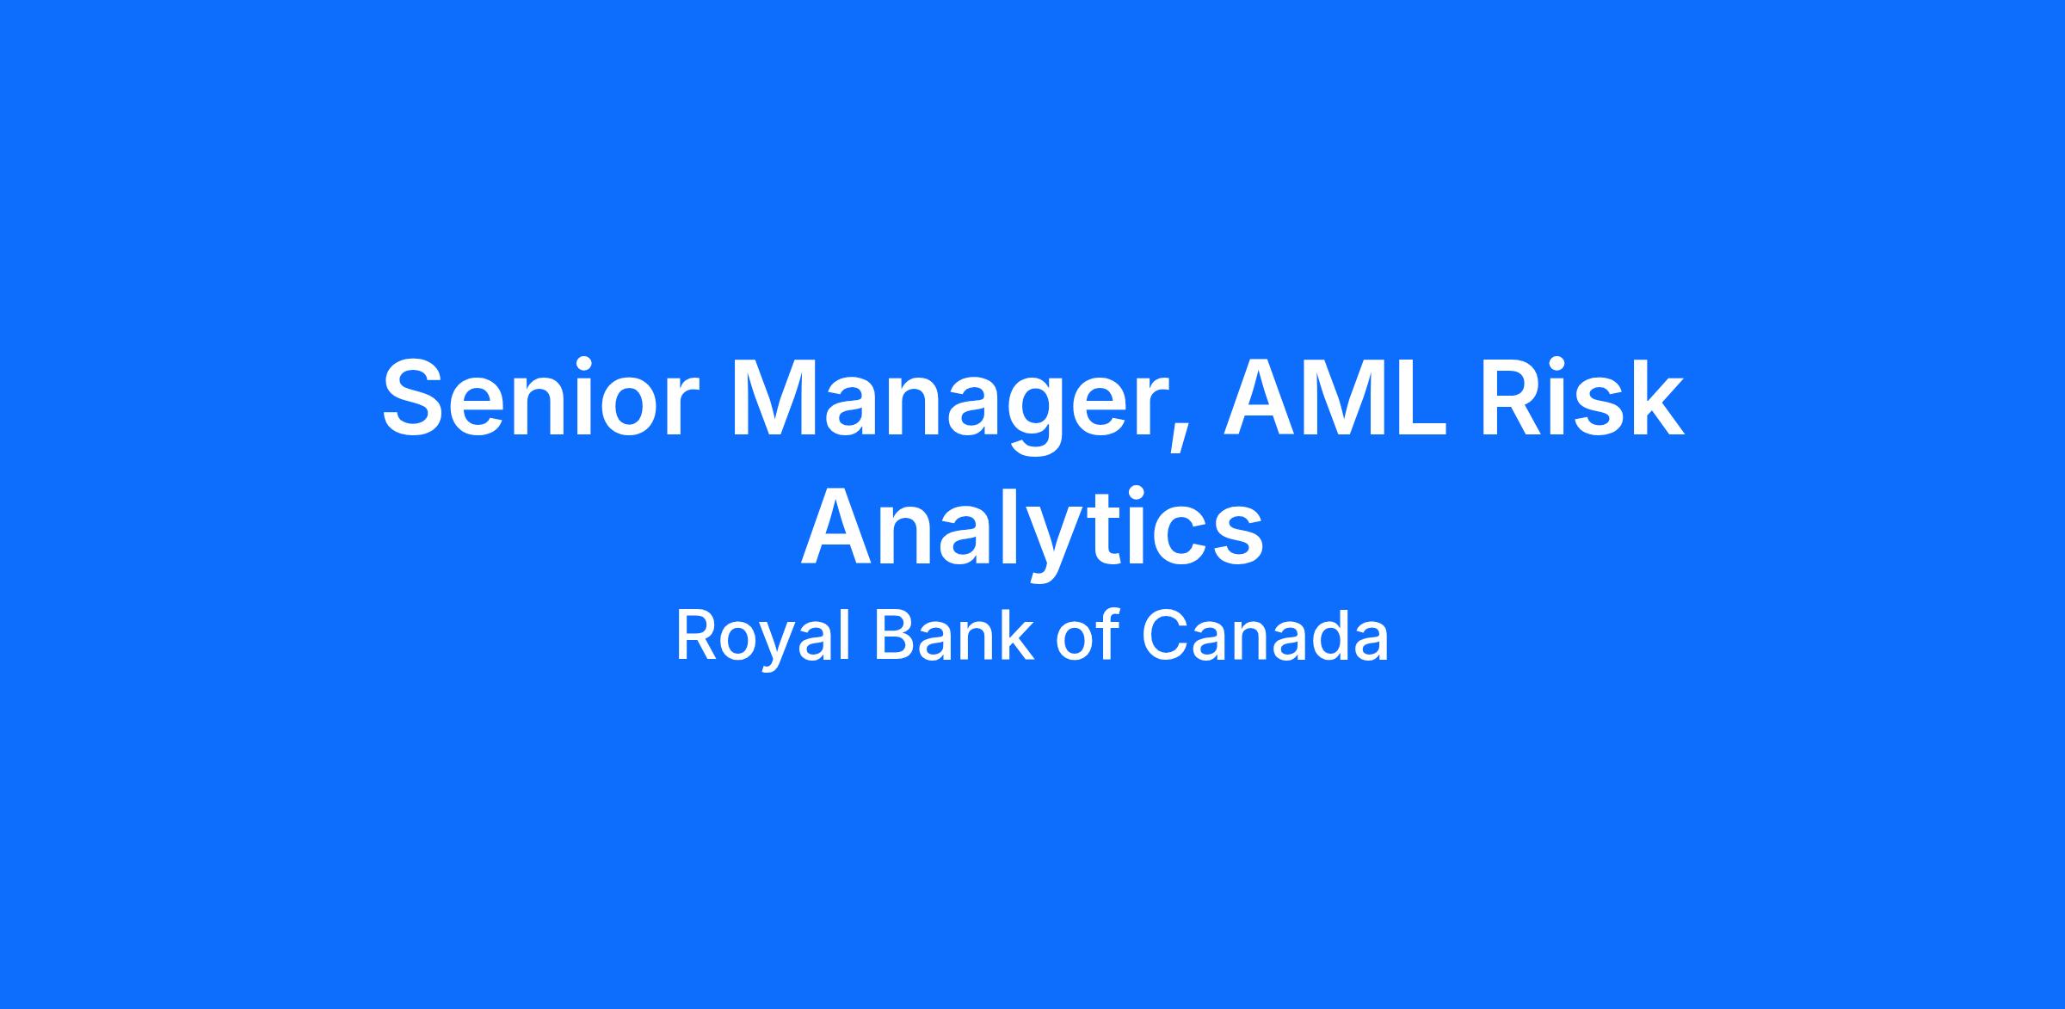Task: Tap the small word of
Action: click(x=1088, y=636)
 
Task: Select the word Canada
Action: click(x=1265, y=636)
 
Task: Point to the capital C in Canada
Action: click(x=1165, y=636)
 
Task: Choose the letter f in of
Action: click(x=1111, y=634)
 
